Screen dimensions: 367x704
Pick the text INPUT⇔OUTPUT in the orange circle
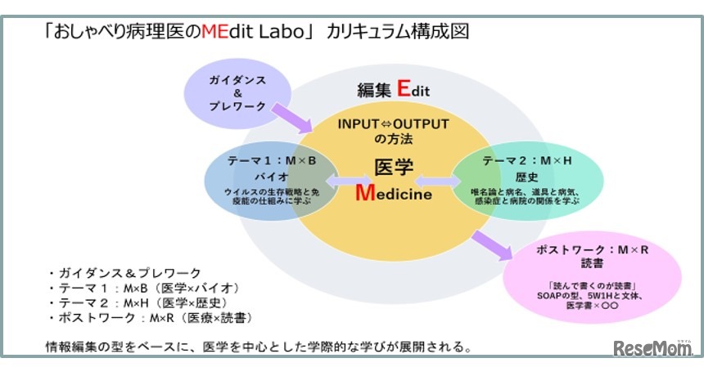point(394,124)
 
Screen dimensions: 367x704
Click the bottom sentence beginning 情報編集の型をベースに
point(259,347)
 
